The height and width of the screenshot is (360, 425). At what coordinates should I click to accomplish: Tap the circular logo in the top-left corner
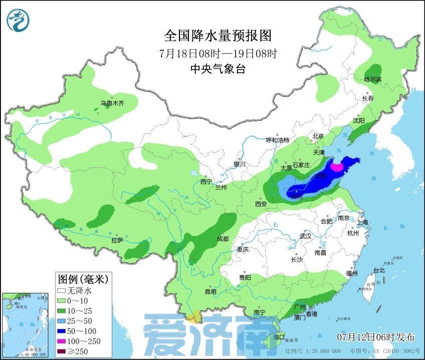coord(18,20)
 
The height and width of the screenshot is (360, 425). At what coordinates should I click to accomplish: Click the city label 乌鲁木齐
coord(111,104)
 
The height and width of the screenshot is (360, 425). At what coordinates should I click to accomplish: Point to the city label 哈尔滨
coord(372,79)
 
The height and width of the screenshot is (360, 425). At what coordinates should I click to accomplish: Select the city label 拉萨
coord(117,240)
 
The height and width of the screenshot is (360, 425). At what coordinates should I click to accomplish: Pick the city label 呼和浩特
coord(278,140)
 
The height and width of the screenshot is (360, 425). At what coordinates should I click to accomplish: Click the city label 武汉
coord(305,236)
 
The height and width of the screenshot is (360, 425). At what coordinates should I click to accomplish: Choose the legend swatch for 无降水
coord(62,290)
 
